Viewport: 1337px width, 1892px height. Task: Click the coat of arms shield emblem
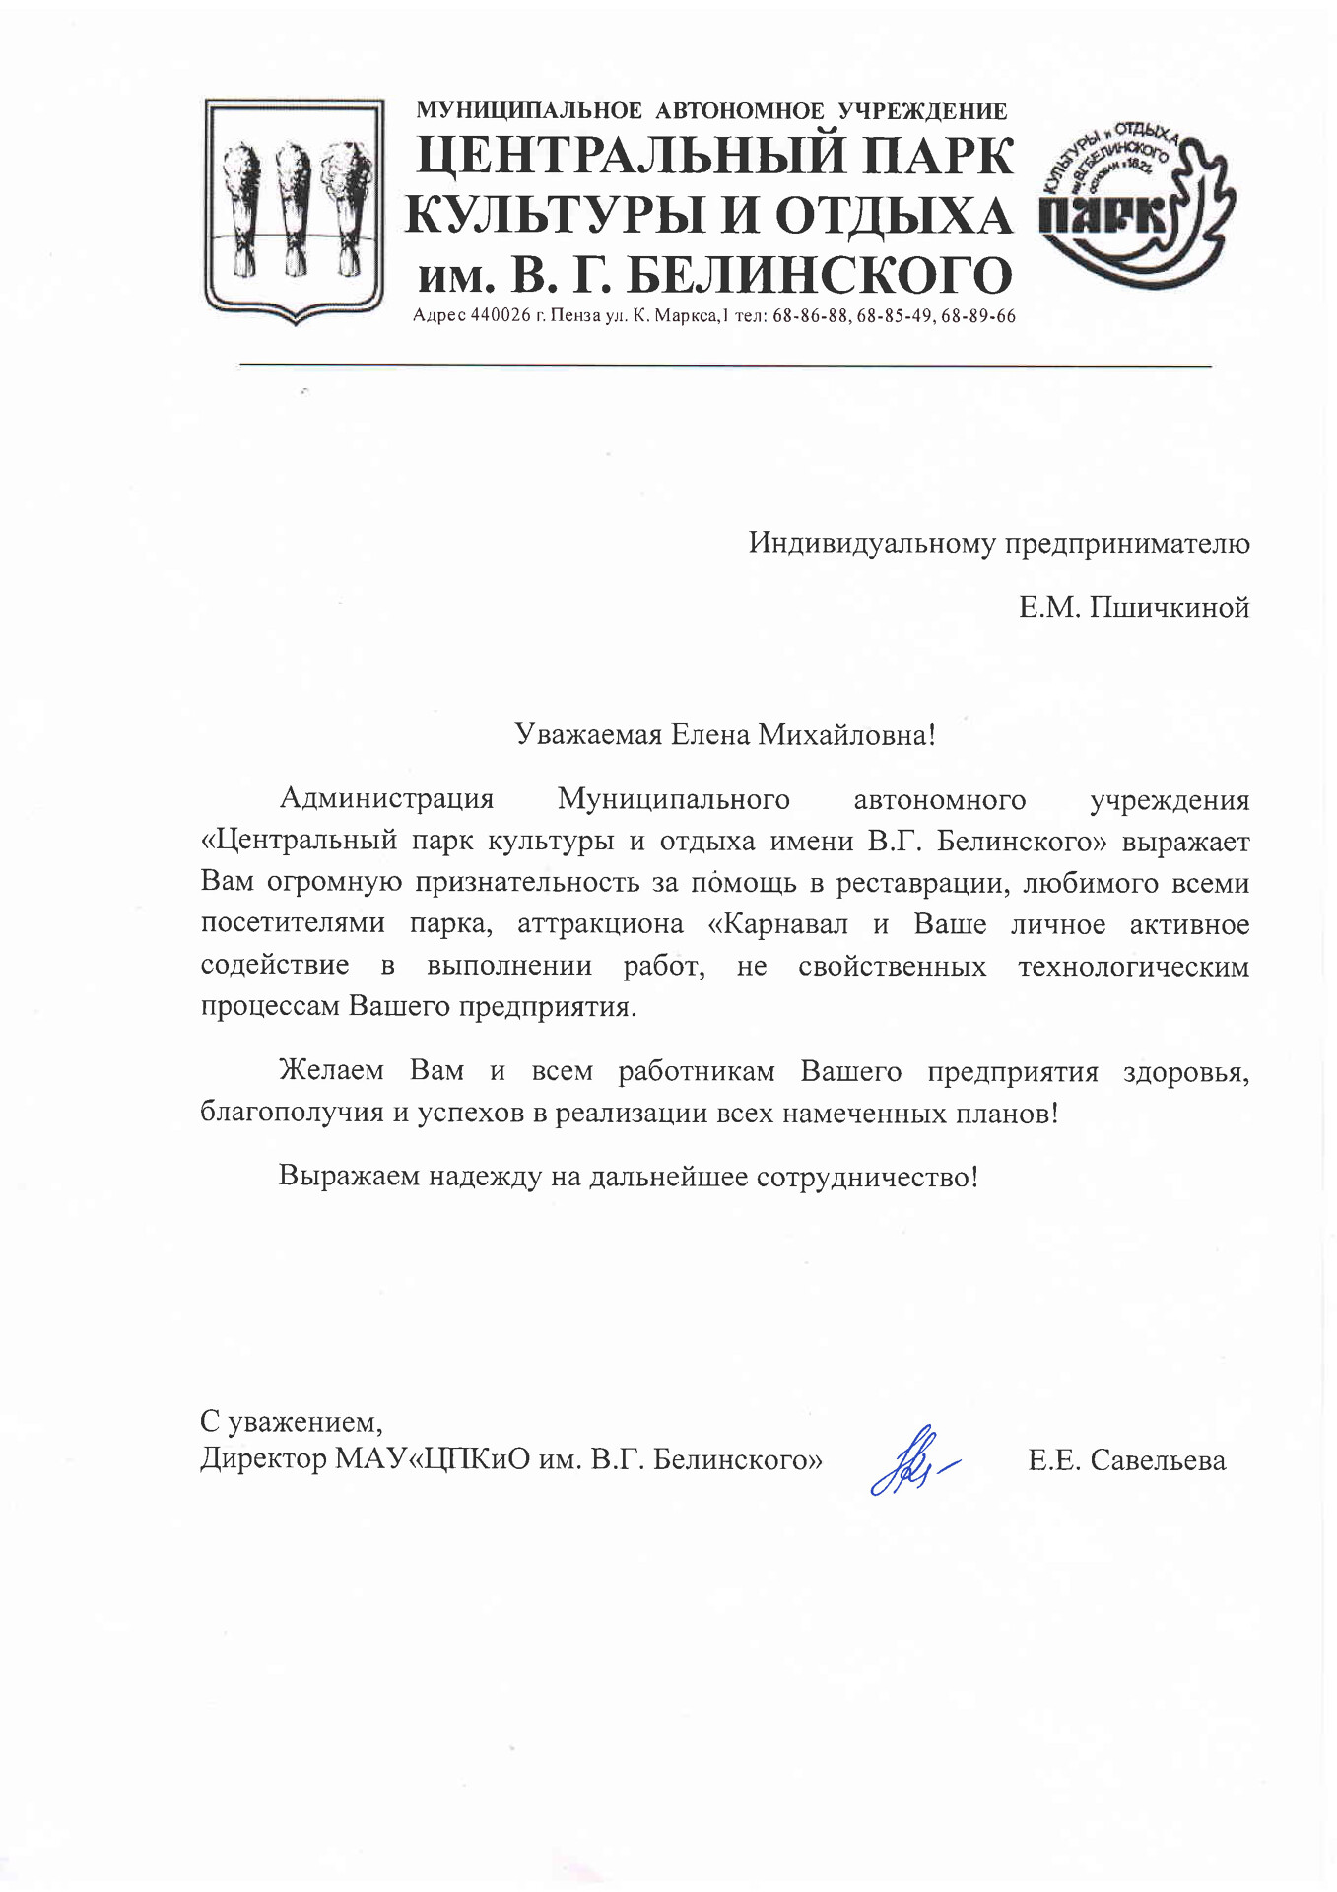294,210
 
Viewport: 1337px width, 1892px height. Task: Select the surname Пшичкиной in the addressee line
1169,608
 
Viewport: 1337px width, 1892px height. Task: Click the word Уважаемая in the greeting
588,734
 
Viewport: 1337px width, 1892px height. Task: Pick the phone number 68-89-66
978,316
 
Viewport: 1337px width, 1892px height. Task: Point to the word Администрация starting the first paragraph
386,799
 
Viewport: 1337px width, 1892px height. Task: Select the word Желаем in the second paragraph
331,1071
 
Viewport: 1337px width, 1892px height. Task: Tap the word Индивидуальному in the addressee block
872,544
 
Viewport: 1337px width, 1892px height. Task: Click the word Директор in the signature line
263,1458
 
